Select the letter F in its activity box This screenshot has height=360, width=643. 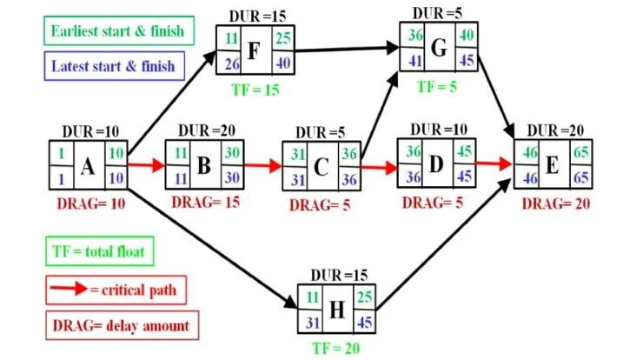[x=254, y=50]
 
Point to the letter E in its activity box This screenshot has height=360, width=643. [x=553, y=163]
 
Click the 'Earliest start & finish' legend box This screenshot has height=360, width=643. [x=117, y=32]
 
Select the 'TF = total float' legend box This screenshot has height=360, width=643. [x=101, y=252]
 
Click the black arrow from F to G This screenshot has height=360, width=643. [x=348, y=50]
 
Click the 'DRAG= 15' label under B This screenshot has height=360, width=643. [x=204, y=202]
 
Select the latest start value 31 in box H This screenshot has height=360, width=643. [x=310, y=321]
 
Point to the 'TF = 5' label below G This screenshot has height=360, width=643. [x=437, y=86]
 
